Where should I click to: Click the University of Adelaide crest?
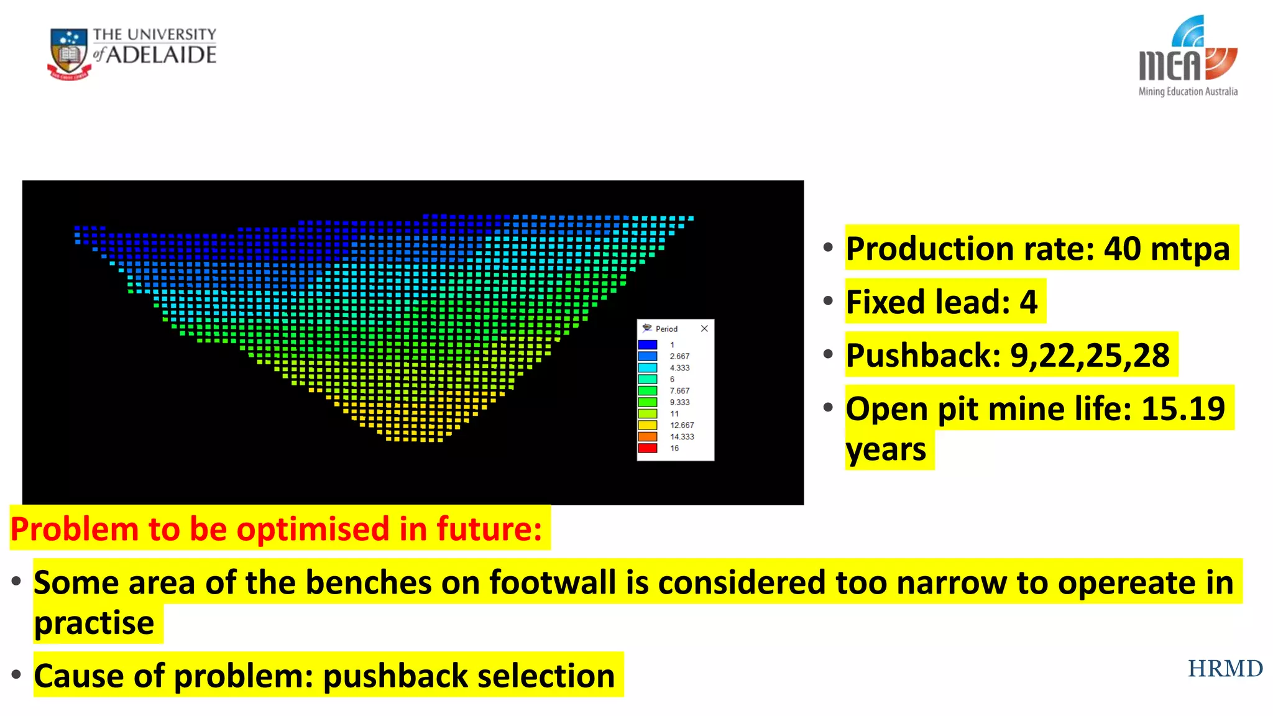69,54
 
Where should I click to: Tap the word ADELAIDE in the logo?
162,55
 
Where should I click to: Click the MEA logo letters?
1170,65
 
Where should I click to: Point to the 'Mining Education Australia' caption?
1188,91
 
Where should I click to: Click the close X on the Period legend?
704,328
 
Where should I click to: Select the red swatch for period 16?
647,448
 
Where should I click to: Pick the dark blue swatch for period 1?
647,344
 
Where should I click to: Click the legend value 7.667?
679,390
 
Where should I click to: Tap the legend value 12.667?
682,425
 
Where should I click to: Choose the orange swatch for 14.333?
647,436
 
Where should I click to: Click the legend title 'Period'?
666,329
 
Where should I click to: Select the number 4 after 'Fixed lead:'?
1029,302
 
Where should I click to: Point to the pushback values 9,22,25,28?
1090,356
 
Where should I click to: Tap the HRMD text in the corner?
1225,669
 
